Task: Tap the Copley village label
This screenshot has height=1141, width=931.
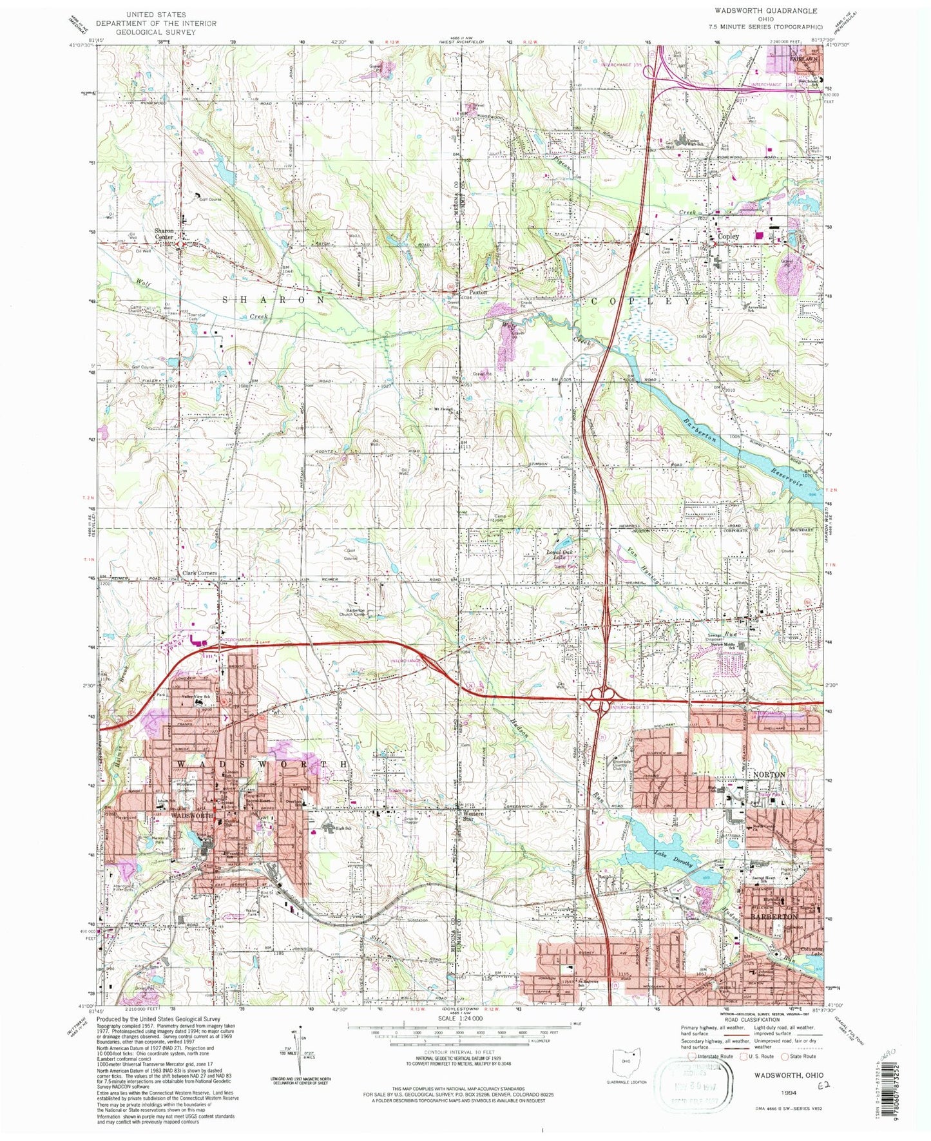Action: coord(729,236)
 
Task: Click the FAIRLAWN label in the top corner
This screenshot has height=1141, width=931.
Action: coord(804,59)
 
